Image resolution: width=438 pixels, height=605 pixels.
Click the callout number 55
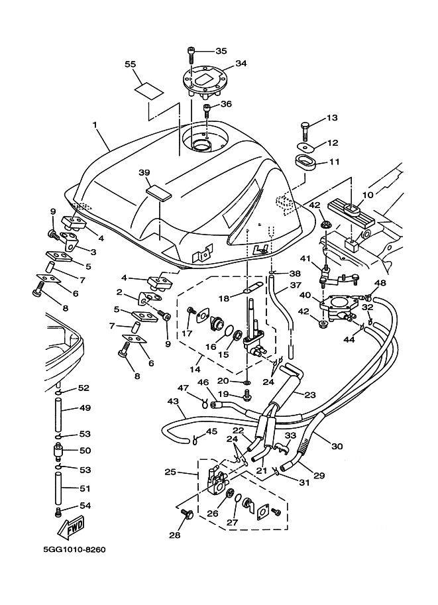tap(131, 64)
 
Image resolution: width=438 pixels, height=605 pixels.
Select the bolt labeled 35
tap(191, 51)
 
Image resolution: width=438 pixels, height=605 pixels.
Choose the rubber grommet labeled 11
tap(305, 161)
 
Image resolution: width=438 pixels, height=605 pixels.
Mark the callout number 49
tap(84, 408)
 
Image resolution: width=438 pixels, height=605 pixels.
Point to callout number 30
tap(337, 446)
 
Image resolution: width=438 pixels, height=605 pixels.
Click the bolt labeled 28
tap(187, 514)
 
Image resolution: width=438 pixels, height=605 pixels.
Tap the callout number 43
tap(173, 402)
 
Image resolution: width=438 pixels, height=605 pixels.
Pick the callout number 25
tap(170, 472)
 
